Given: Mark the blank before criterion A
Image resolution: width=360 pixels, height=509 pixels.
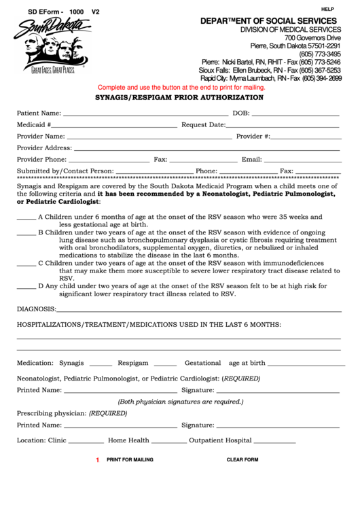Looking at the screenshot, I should [26, 219].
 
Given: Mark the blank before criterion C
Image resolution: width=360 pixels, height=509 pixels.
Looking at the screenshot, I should [26, 265].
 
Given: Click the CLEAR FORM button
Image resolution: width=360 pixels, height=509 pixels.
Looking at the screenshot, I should [242, 460].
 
